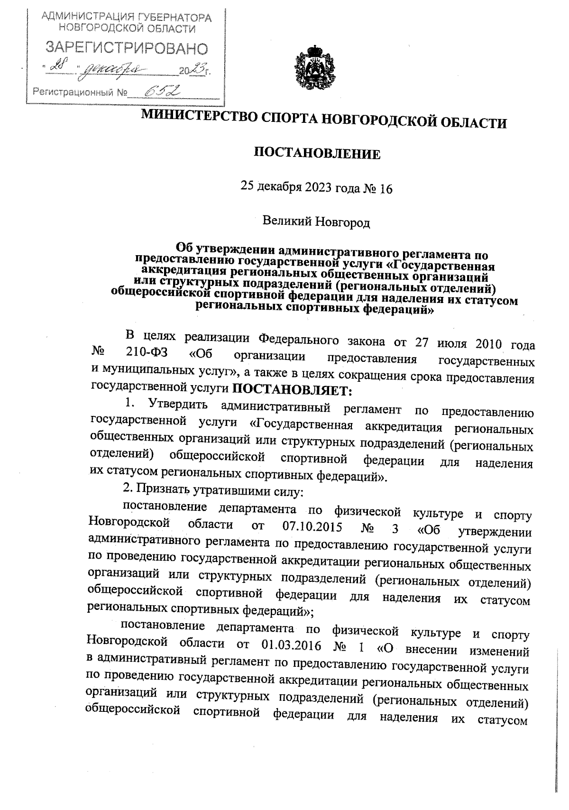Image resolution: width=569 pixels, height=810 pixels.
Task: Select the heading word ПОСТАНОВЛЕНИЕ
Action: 317,154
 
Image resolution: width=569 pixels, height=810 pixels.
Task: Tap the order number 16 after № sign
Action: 386,189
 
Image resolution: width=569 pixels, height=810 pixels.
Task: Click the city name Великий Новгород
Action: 316,221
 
